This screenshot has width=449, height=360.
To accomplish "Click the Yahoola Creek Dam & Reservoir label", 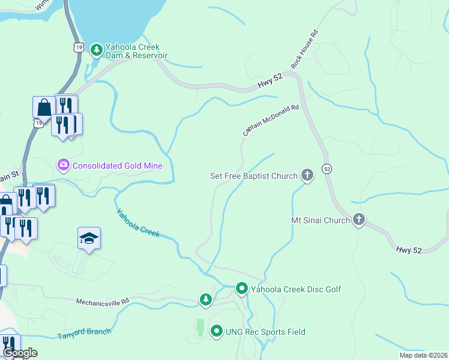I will (x=136, y=50).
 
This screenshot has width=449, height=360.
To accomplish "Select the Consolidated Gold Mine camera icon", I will (x=63, y=164).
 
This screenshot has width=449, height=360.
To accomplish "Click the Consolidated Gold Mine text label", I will (x=118, y=165).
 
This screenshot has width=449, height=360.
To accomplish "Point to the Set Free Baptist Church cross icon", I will (x=307, y=176).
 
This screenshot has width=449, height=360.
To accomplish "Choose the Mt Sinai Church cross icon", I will (x=358, y=220).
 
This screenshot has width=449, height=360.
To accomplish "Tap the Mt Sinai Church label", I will (x=320, y=220).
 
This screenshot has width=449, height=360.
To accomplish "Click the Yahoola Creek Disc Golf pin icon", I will (x=241, y=289).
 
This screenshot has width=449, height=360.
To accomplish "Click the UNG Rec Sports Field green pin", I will (x=216, y=331).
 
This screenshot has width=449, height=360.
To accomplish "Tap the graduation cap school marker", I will (x=89, y=239).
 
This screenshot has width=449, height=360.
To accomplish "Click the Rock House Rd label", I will (x=304, y=49).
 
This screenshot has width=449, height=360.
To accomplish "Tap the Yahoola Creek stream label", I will (x=138, y=222).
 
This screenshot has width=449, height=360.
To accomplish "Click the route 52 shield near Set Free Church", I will (x=327, y=169).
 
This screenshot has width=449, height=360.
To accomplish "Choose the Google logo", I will (x=20, y=353).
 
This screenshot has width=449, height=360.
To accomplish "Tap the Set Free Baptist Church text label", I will (x=253, y=176).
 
